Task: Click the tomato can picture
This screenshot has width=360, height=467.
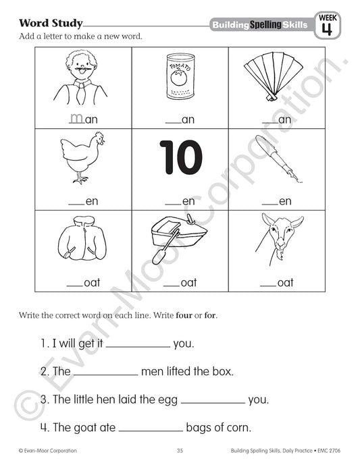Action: [180, 80]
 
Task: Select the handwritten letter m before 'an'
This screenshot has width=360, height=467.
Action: [76, 118]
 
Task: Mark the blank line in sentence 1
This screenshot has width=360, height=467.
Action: [138, 344]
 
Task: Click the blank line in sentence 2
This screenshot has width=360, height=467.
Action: [105, 372]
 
